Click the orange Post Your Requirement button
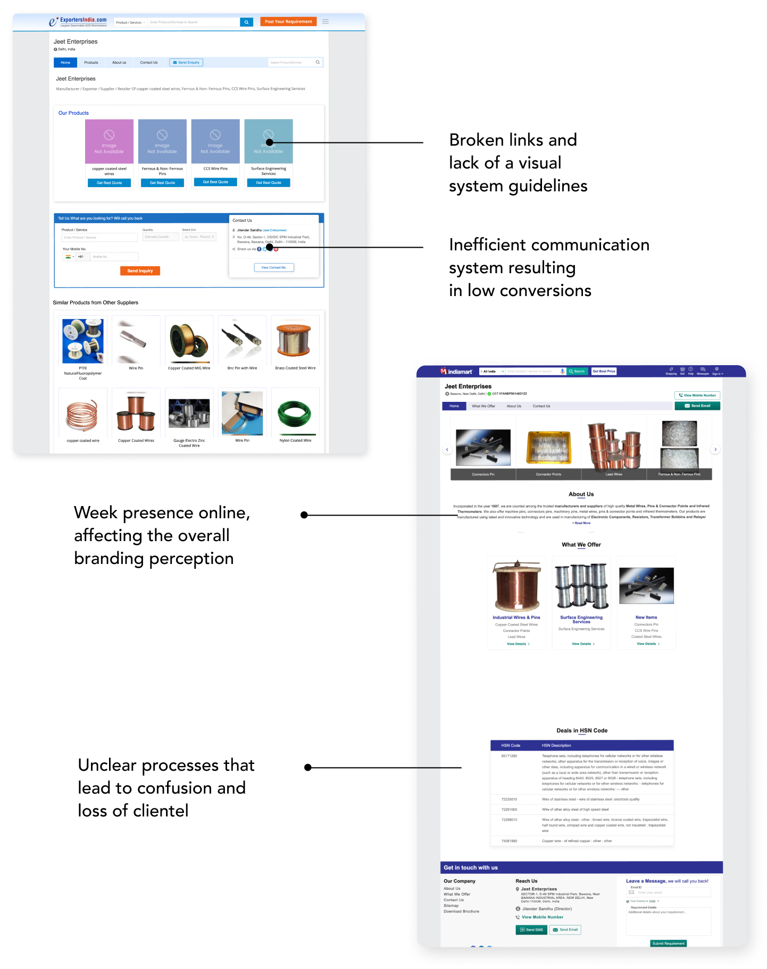(288, 22)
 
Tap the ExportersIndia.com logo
(78, 21)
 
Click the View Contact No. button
(274, 267)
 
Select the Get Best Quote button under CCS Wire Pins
(215, 182)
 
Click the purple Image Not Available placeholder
(109, 141)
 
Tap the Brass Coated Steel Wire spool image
(295, 340)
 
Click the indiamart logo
(456, 372)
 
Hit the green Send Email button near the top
(697, 406)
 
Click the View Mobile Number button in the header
(697, 395)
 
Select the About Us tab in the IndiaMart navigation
(514, 406)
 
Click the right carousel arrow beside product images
(715, 450)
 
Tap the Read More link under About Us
(581, 523)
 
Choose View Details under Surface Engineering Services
(582, 644)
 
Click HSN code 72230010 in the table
(509, 799)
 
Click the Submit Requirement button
(668, 943)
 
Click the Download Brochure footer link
(461, 912)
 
